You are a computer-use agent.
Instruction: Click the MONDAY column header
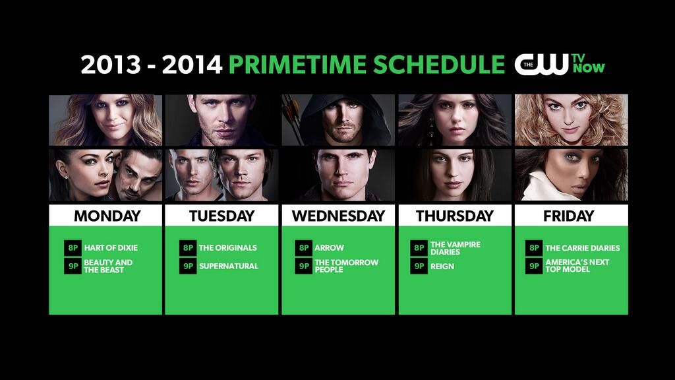[x=107, y=216]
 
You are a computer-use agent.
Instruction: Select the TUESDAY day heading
[x=221, y=216]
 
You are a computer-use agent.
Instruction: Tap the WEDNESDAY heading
[x=338, y=216]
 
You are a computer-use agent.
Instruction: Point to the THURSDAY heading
[x=455, y=216]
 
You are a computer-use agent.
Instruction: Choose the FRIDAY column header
[x=568, y=216]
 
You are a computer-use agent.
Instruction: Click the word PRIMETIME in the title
[x=297, y=65]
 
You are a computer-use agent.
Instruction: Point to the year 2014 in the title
[x=192, y=65]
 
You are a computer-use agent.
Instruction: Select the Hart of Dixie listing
[x=111, y=248]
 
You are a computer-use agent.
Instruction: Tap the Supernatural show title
[x=229, y=267]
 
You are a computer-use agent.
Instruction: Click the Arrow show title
[x=330, y=248]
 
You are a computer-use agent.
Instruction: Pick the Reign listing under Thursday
[x=442, y=267]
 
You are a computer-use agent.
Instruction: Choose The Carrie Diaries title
[x=583, y=248]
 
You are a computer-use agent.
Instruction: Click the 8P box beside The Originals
[x=188, y=248]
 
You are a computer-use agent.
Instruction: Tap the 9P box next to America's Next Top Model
[x=534, y=266]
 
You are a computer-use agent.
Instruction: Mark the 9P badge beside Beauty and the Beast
[x=73, y=266]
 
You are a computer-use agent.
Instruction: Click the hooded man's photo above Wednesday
[x=338, y=120]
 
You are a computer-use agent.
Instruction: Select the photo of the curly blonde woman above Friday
[x=572, y=120]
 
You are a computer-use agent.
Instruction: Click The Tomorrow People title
[x=346, y=266]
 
